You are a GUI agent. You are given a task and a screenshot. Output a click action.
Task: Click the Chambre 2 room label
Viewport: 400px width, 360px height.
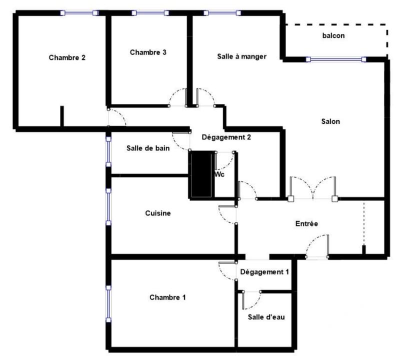67,57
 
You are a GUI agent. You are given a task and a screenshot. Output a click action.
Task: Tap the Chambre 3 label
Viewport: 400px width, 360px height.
148,52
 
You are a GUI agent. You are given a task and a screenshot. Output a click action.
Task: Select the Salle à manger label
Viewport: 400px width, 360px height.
241,56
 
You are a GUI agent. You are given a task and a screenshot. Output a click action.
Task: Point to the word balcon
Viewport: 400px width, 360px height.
333,36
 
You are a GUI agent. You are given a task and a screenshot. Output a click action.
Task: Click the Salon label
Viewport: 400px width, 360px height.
330,121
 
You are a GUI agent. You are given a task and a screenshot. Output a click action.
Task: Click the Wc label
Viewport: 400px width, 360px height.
219,175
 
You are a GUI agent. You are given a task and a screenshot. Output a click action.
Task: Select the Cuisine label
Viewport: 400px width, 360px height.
158,213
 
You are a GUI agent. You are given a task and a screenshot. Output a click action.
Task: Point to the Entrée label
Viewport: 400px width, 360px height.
306,223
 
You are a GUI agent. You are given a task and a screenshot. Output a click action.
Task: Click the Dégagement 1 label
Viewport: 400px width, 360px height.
264,272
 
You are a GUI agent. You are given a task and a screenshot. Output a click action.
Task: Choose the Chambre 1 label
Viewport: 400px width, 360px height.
167,297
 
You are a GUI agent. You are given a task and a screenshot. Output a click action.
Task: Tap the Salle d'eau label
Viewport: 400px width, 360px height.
266,317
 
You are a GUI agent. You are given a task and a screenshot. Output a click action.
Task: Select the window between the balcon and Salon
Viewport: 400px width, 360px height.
336,59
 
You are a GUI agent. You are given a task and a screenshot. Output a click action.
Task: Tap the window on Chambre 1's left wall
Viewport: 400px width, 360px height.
108,303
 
